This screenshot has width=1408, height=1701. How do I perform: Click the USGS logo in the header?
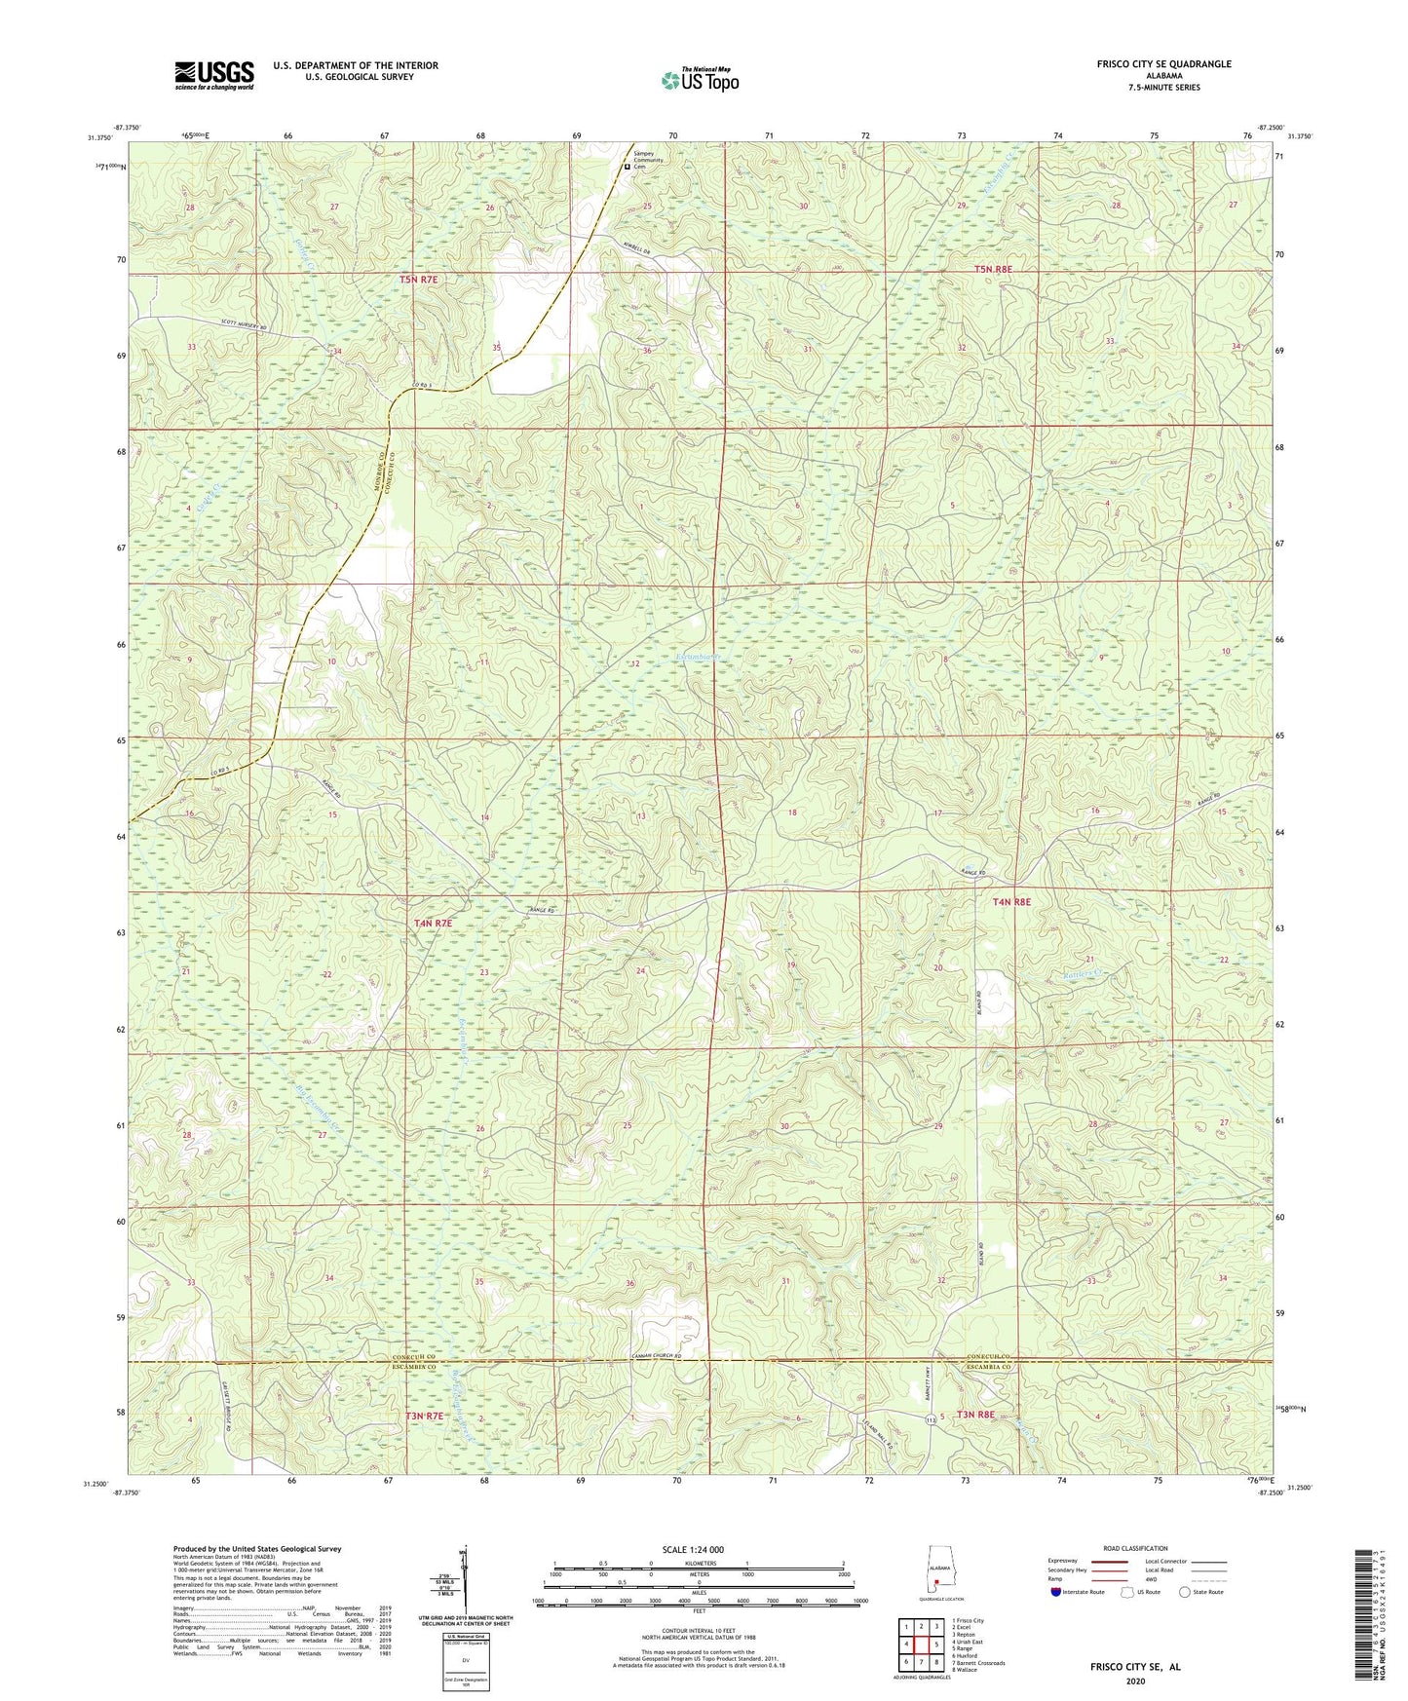tap(213, 75)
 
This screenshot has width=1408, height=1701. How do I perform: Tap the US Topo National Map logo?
tap(700, 80)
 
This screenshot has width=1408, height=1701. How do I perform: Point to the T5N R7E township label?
tap(418, 280)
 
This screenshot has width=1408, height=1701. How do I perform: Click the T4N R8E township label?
tap(1010, 902)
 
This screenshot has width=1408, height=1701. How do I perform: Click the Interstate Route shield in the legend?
tap(1056, 1592)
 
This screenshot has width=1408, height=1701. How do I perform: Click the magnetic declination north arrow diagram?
tap(464, 1582)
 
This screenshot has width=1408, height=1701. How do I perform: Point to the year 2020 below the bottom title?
tap(1134, 1681)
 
